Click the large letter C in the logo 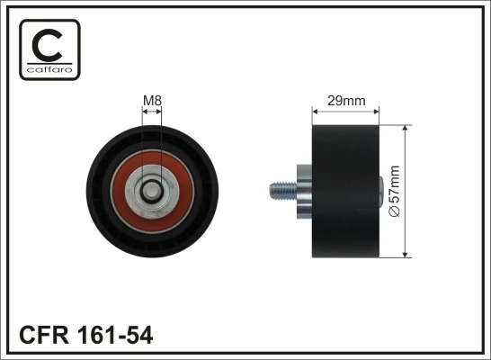[49, 43]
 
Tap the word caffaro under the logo [49, 69]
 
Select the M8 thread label [151, 101]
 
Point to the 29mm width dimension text [345, 101]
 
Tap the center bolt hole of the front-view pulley [151, 190]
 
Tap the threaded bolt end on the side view [280, 190]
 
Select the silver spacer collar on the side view [302, 190]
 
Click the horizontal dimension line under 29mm [345, 112]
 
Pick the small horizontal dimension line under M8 [151, 112]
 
